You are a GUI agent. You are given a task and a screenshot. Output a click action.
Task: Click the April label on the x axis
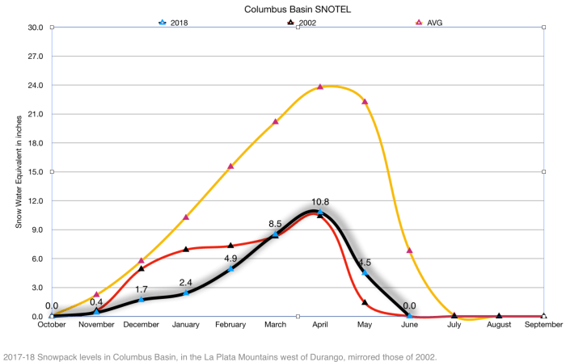tap(321, 326)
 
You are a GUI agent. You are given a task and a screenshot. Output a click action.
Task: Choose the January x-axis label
tap(186, 326)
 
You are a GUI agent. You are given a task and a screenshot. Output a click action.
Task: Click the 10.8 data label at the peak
tap(320, 201)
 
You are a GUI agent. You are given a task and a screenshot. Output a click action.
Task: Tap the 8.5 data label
tap(275, 224)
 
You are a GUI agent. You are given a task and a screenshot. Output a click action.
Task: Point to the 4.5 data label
tap(365, 262)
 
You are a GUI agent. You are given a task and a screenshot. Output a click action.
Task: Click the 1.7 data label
tap(141, 288)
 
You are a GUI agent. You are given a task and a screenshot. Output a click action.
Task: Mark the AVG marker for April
tap(321, 86)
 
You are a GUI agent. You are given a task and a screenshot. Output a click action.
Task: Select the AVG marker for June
tap(410, 250)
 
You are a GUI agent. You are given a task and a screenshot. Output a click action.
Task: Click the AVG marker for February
tap(230, 166)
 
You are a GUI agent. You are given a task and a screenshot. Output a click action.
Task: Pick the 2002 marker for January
tap(186, 249)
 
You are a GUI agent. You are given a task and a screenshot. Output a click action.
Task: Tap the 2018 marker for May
tap(365, 273)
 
